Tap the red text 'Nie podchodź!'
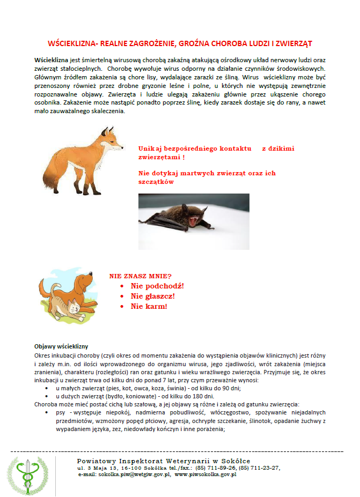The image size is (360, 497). (157, 286)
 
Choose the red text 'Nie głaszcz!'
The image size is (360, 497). (153, 296)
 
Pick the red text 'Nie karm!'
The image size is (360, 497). (149, 306)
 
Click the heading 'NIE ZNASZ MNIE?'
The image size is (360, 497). (140, 276)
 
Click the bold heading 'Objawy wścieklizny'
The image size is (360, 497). (61, 346)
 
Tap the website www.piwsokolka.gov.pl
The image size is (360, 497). (205, 474)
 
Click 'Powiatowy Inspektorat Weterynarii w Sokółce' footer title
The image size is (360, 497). (164, 461)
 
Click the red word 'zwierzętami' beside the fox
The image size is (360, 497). (158, 157)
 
